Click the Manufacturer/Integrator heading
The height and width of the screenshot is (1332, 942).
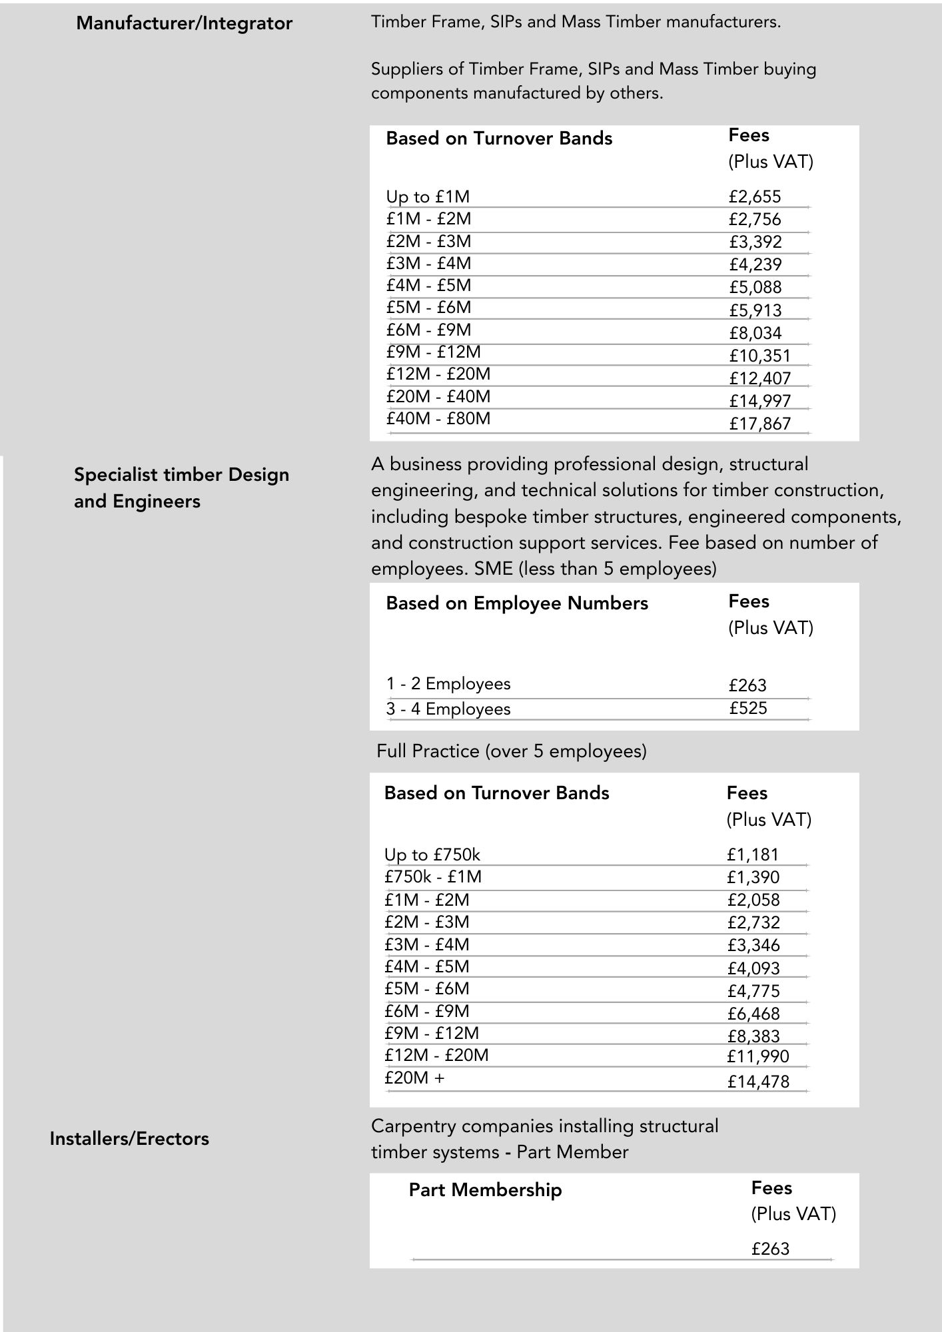coord(184,23)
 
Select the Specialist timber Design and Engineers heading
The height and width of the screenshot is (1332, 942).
coord(181,488)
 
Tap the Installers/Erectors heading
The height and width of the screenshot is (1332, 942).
coord(129,1138)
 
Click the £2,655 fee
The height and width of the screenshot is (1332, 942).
coord(754,196)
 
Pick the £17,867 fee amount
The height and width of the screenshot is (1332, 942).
coord(759,424)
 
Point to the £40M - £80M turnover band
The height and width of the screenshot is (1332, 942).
coord(438,418)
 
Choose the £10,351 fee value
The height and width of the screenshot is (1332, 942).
coord(759,356)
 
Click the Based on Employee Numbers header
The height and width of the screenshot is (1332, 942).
coord(516,603)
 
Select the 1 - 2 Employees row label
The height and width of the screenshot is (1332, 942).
coord(448,683)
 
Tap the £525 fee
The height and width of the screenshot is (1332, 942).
coord(747,707)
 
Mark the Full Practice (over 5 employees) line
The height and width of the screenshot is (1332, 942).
coord(511,751)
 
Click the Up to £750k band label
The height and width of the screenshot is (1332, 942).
coord(432,854)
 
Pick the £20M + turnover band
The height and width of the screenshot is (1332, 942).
coord(414,1078)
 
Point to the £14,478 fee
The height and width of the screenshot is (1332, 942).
coord(758,1082)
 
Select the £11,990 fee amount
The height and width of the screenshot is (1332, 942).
coord(757,1056)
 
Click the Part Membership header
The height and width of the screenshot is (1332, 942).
coord(485,1189)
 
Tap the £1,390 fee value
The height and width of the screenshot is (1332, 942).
coord(753,877)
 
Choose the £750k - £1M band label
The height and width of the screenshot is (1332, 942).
coord(432,876)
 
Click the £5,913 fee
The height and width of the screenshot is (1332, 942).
coord(755,310)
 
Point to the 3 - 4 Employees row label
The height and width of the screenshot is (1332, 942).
coord(448,709)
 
